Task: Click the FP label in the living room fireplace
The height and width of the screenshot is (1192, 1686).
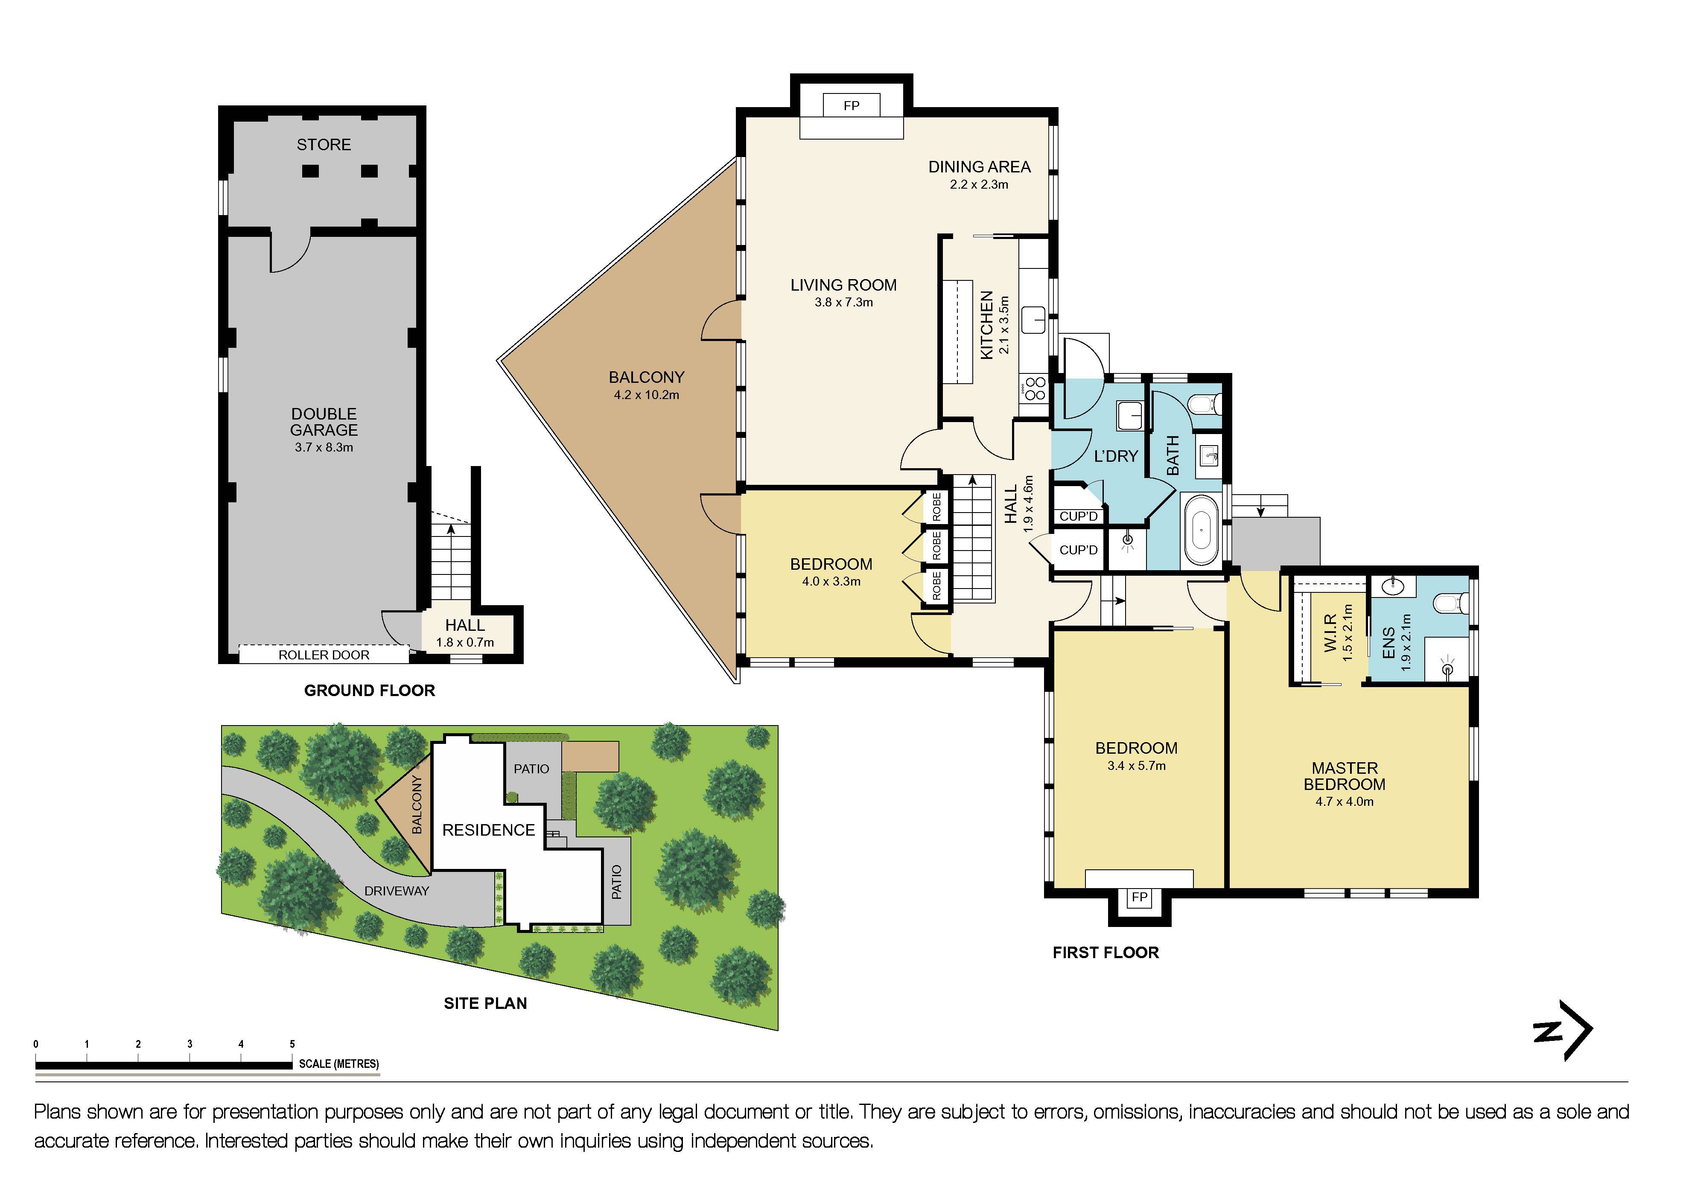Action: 851,106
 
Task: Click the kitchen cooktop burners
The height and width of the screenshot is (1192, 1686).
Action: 1035,388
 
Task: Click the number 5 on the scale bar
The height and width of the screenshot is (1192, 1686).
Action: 292,1043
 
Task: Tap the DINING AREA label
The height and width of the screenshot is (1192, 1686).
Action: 979,167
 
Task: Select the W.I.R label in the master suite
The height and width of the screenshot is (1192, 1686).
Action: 1330,633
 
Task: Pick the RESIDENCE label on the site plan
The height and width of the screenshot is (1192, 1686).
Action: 488,830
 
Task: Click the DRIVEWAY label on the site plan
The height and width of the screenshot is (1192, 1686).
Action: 397,891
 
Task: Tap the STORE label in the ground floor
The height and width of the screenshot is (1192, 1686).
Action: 324,145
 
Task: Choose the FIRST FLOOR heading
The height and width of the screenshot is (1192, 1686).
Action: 1105,953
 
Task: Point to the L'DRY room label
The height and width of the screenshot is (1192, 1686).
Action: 1115,456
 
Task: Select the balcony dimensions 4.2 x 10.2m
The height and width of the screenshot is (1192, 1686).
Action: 646,395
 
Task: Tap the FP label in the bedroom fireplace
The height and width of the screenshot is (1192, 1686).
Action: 1139,898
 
